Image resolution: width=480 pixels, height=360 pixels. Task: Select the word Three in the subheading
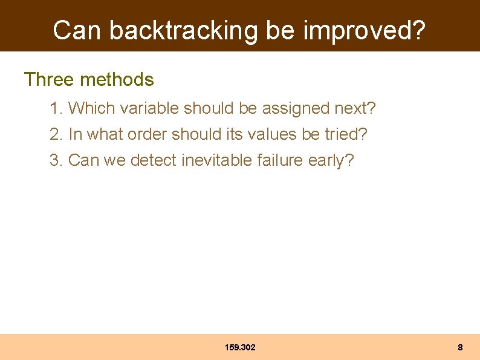point(49,79)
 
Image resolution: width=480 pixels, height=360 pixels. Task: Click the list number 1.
point(56,108)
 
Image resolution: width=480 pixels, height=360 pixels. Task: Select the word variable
point(149,108)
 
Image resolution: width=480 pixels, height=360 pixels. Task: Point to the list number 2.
point(56,134)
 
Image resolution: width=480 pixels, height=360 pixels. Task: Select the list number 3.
point(56,160)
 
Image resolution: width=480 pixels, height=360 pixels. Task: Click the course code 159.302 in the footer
point(240,347)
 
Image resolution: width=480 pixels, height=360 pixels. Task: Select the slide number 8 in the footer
point(460,347)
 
